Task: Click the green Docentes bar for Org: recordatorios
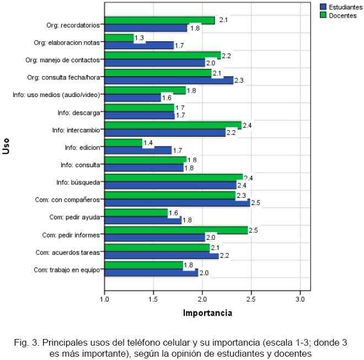pyautogui.click(x=159, y=20)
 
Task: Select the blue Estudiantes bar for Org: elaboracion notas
pyautogui.click(x=138, y=46)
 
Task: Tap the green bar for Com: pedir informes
pyautogui.click(x=175, y=230)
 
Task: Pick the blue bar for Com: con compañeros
pyautogui.click(x=176, y=203)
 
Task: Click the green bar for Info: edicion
pyautogui.click(x=122, y=143)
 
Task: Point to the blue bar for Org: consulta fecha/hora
pyautogui.click(x=168, y=80)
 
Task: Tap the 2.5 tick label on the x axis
pyautogui.click(x=251, y=299)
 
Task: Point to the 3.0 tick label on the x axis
pyautogui.click(x=299, y=299)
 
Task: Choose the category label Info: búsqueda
pyautogui.click(x=78, y=182)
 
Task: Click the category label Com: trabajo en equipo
pyautogui.click(x=67, y=270)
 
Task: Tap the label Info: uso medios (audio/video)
pyautogui.click(x=56, y=95)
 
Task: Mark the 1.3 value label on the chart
pyautogui.click(x=140, y=37)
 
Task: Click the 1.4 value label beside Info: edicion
pyautogui.click(x=148, y=143)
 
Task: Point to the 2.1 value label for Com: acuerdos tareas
pyautogui.click(x=216, y=248)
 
